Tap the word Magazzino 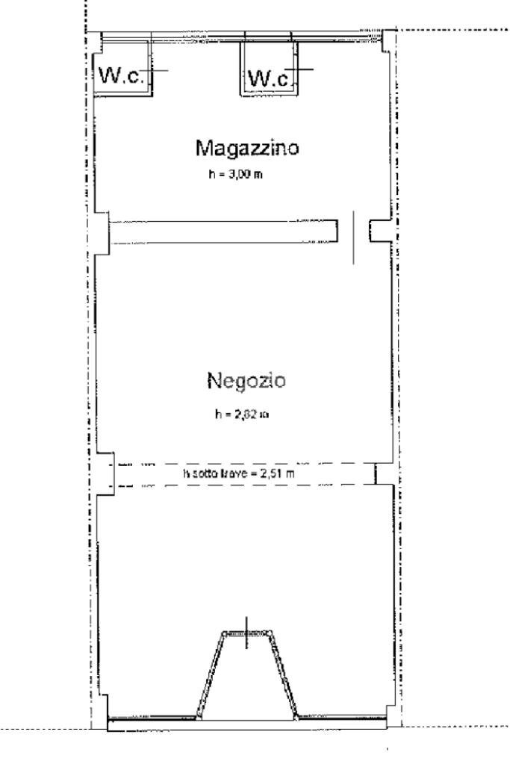247,147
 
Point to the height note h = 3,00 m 236,176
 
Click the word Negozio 246,381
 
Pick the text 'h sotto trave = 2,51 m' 246,473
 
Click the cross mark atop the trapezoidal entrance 247,633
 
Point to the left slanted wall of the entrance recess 210,676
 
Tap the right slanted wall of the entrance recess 284,676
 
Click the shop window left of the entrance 152,719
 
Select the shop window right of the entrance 343,719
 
